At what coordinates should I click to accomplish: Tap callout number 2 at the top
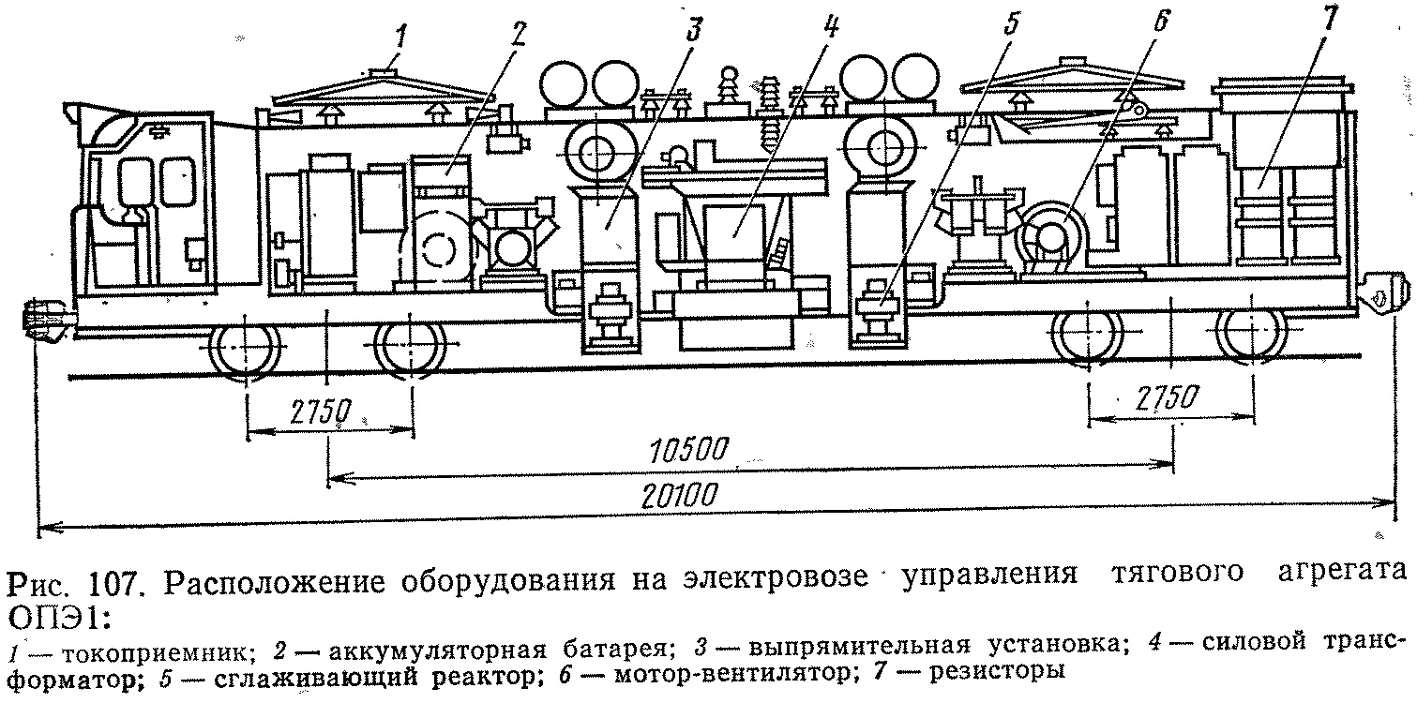coord(518,32)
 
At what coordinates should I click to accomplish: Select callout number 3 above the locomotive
coord(693,30)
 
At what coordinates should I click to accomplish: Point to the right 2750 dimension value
coord(1164,397)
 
